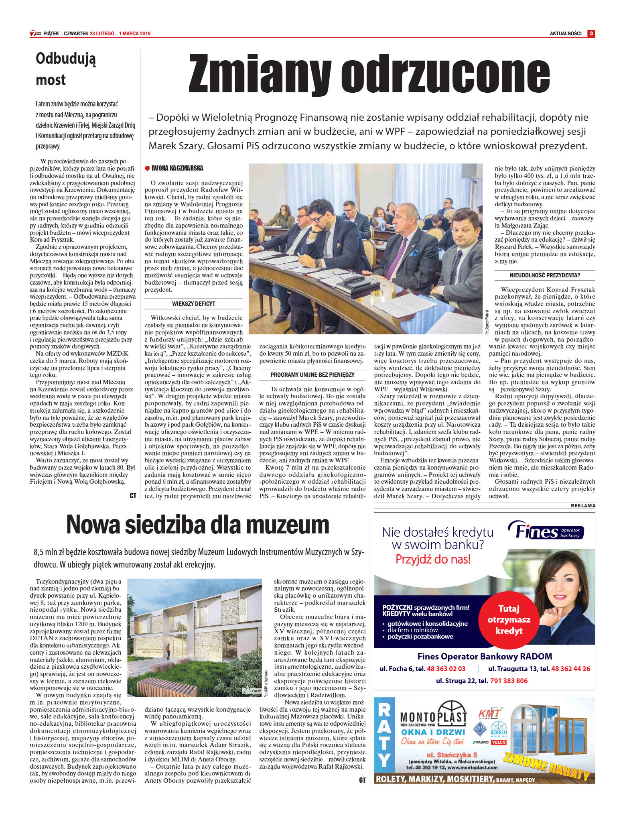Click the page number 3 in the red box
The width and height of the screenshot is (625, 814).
(x=591, y=34)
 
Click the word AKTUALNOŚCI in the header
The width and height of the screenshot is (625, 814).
(x=565, y=34)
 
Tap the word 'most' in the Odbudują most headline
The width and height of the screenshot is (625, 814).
(x=51, y=80)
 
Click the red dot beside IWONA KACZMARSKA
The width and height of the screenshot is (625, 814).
(x=147, y=168)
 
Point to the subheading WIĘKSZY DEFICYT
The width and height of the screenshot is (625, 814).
(x=193, y=304)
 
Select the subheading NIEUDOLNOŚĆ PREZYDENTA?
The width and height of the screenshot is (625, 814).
(x=545, y=275)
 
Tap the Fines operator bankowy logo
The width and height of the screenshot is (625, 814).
(x=546, y=531)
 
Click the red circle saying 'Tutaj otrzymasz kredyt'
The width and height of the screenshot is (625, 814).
(x=509, y=619)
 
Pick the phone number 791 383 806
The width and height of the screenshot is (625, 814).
(x=509, y=680)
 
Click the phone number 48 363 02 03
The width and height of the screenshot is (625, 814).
(x=446, y=669)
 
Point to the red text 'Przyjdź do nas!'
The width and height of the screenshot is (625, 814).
(x=433, y=559)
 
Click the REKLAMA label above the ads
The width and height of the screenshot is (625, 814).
(x=583, y=506)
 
